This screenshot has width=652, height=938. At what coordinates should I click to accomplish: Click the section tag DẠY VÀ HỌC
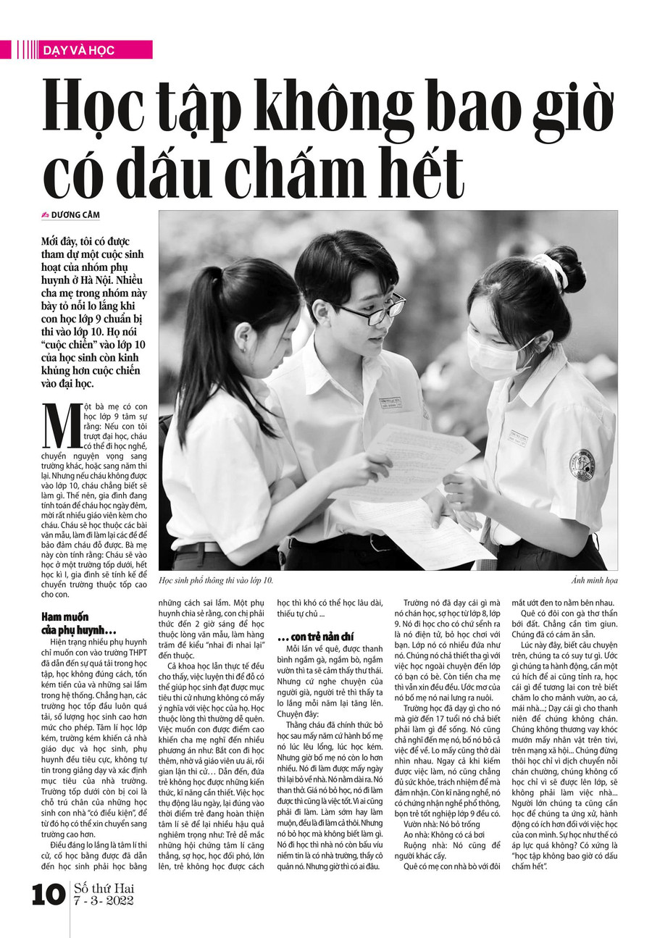79,50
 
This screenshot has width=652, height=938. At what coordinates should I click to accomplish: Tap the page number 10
49,895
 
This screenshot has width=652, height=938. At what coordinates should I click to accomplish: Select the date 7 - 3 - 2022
104,900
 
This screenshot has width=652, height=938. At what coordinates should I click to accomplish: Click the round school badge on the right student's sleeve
582,465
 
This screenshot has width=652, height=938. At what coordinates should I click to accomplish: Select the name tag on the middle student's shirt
390,403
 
